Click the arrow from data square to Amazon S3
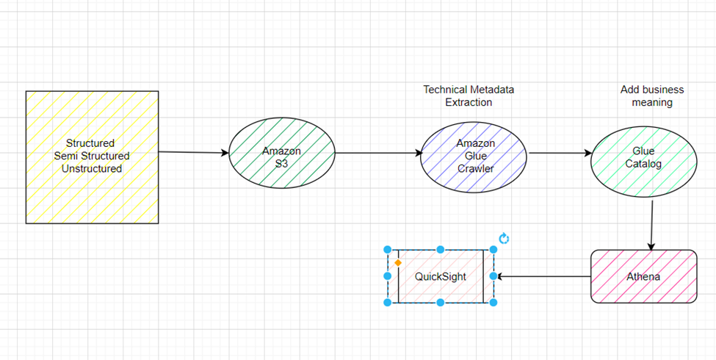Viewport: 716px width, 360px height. click(x=194, y=153)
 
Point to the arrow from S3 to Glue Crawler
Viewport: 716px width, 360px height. click(x=378, y=154)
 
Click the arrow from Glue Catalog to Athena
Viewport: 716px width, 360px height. click(x=651, y=224)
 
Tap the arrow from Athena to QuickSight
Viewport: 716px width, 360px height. click(x=543, y=277)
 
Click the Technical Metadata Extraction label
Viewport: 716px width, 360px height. click(x=469, y=96)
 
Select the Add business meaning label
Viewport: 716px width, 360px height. click(x=652, y=96)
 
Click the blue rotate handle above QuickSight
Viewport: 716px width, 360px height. click(x=504, y=239)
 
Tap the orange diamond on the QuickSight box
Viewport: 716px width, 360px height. click(x=398, y=262)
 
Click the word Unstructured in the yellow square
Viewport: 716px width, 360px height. click(x=92, y=168)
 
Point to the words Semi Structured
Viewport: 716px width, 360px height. click(x=92, y=156)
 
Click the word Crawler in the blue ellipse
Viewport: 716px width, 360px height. click(x=475, y=168)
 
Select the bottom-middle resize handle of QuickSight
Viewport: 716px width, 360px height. click(x=441, y=302)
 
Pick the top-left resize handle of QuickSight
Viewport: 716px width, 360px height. click(x=388, y=250)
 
